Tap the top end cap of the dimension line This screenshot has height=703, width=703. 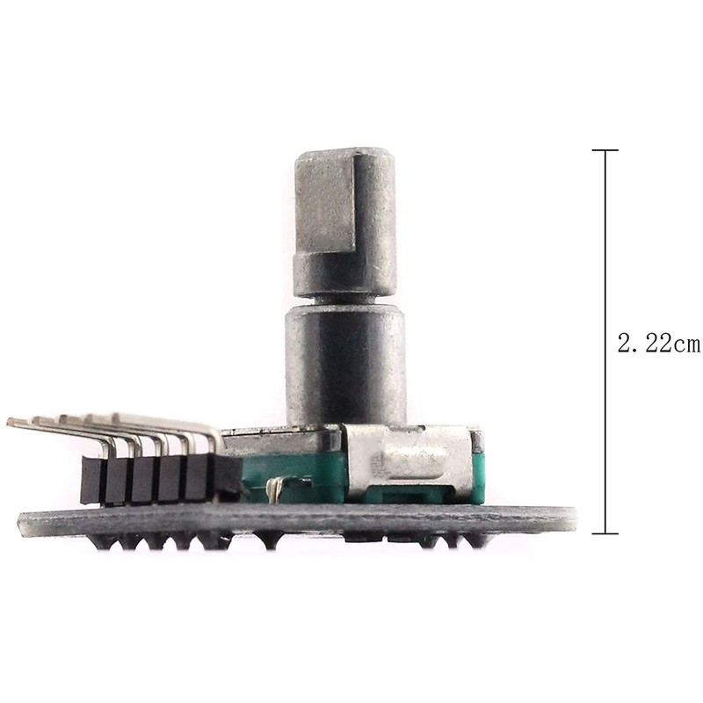click(605, 150)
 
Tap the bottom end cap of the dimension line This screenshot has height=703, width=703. click(605, 533)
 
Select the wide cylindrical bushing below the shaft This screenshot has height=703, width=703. click(344, 360)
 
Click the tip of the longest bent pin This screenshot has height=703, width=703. click(11, 423)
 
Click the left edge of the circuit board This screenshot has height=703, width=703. click(21, 523)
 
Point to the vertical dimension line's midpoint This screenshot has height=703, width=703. click(605, 342)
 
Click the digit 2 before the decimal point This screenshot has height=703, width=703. click(625, 344)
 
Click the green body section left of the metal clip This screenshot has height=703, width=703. click(290, 470)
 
